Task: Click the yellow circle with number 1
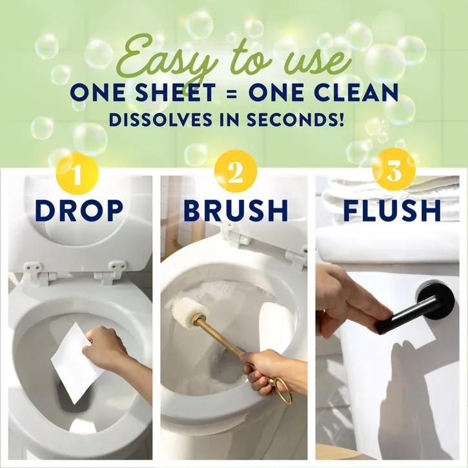[x=77, y=173]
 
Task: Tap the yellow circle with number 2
[x=234, y=173]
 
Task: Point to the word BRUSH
[x=235, y=211]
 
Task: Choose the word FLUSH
[x=392, y=211]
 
